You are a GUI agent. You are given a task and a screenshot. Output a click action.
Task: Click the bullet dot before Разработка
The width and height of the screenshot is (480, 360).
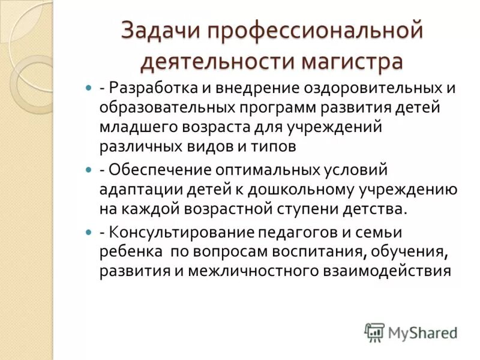coord(89,88)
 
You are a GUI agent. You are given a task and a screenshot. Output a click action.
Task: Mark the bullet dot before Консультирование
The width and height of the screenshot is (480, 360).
coord(89,232)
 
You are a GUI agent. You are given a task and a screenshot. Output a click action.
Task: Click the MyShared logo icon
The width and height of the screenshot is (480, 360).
coord(374,332)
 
